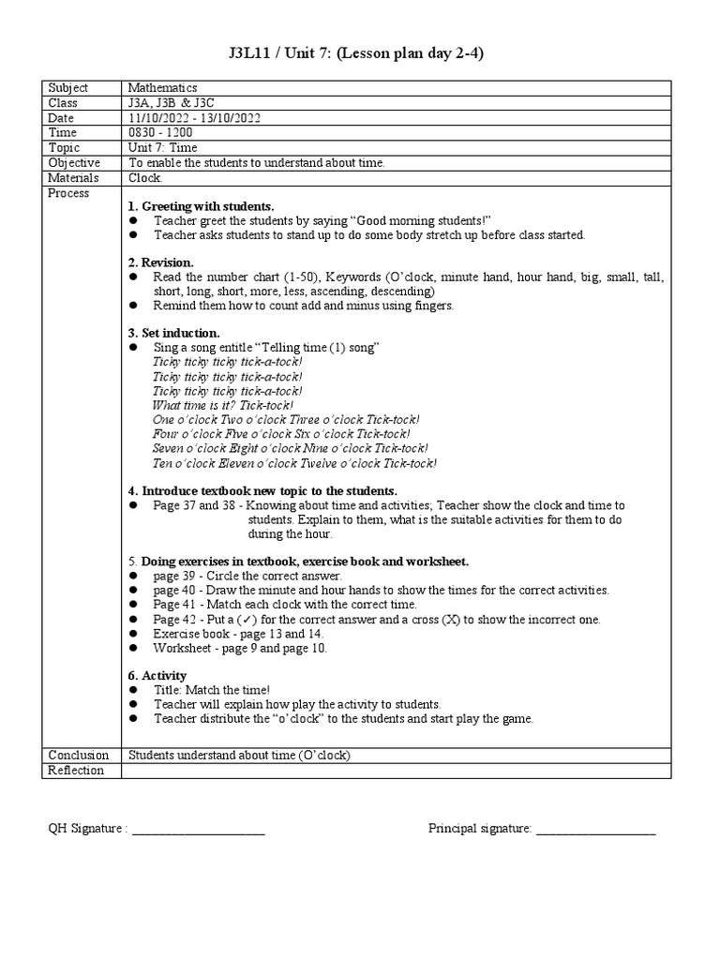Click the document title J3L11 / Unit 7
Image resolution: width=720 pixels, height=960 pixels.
[359, 53]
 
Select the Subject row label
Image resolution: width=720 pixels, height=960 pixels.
[68, 88]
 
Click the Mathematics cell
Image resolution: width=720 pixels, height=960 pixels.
[162, 88]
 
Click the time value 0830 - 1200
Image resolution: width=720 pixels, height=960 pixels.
[160, 133]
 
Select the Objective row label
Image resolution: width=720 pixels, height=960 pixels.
[74, 163]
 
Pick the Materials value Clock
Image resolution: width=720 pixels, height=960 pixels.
[144, 178]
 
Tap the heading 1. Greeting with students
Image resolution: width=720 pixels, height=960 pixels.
[201, 206]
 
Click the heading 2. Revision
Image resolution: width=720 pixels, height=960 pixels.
[160, 262]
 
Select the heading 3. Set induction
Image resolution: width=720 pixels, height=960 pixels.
[173, 333]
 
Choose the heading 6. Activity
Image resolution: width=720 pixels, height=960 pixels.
[157, 676]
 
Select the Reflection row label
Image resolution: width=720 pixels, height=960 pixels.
[74, 771]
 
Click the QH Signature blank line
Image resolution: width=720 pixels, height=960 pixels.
[199, 829]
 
